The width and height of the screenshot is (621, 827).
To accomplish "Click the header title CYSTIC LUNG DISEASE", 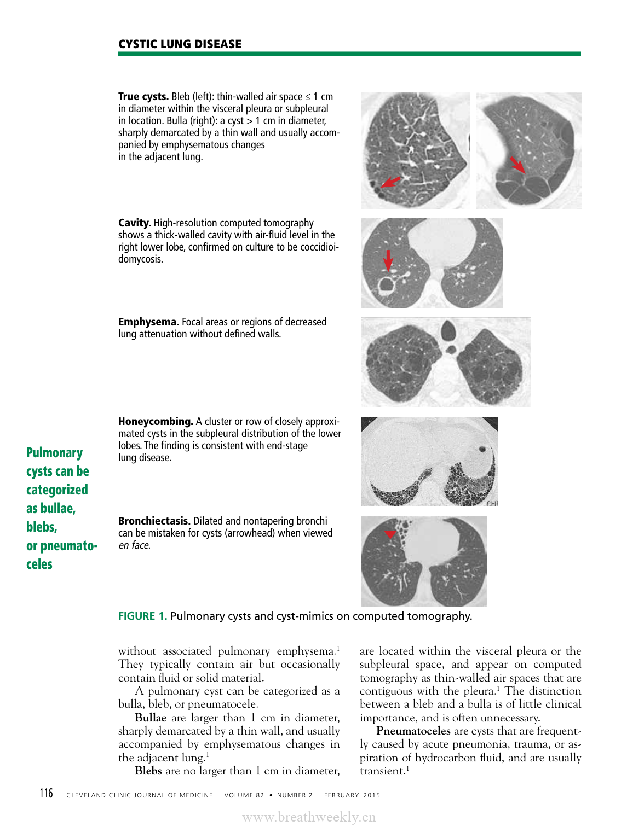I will click(x=180, y=44).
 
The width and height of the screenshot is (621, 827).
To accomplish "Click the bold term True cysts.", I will click(x=143, y=97).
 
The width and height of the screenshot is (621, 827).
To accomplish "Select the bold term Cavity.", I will click(x=134, y=223).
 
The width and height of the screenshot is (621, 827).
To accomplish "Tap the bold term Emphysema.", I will click(x=148, y=322).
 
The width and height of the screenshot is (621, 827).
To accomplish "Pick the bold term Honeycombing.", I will click(x=156, y=422).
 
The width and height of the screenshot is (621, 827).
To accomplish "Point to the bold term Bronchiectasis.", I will click(x=154, y=521).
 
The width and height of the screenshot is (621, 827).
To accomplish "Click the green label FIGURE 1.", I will click(x=142, y=616).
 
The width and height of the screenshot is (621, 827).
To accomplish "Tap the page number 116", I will click(x=46, y=794).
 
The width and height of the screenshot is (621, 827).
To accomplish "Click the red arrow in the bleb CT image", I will click(x=390, y=182).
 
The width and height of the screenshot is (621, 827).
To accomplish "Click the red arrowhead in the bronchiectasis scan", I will click(x=389, y=534).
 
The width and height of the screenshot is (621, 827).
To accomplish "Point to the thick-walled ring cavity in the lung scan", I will click(x=387, y=284).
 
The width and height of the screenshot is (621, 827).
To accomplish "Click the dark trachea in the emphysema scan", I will click(x=448, y=330).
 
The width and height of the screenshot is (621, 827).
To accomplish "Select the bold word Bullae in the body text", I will click(x=151, y=718).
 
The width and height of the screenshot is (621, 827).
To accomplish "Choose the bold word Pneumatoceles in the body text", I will click(x=413, y=731).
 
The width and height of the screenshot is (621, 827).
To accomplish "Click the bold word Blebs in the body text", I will click(x=148, y=771).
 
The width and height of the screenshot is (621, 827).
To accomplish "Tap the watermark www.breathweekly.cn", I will click(x=309, y=817).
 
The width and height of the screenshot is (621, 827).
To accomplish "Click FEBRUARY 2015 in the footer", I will click(x=352, y=795).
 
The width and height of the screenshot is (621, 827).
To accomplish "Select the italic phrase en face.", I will click(x=134, y=545).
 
